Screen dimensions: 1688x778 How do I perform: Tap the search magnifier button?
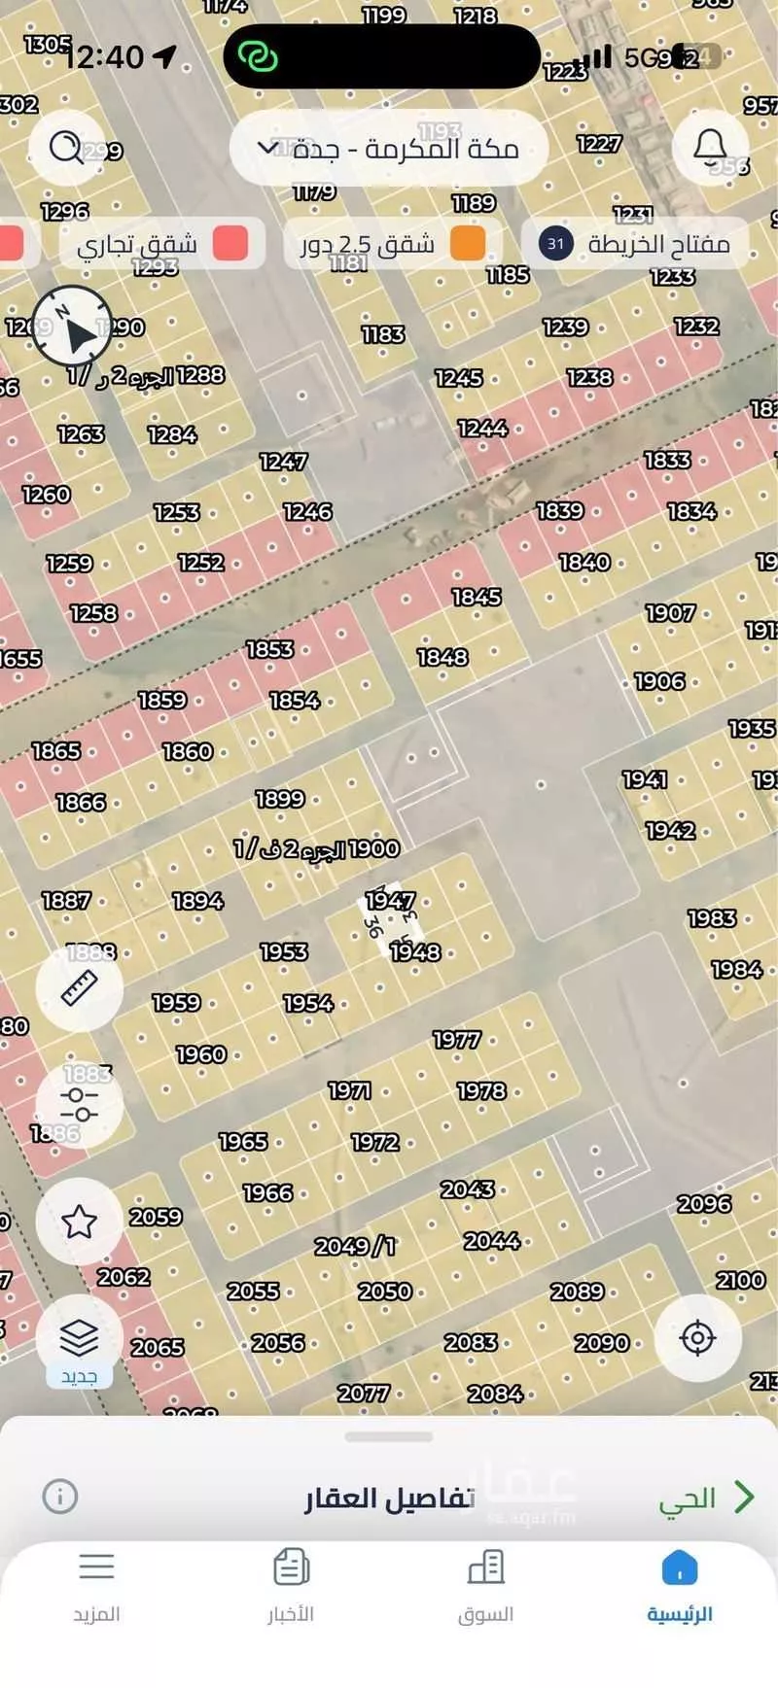click(66, 148)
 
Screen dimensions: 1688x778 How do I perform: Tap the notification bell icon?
click(711, 148)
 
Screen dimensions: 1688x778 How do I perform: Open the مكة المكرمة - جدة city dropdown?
click(389, 149)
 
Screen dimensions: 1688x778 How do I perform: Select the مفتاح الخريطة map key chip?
click(638, 244)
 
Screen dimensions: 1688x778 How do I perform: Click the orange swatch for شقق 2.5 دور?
click(468, 244)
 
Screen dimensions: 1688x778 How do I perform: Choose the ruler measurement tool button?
click(79, 987)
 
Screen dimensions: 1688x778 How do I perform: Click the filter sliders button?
click(79, 1104)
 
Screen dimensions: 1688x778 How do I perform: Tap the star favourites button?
click(79, 1221)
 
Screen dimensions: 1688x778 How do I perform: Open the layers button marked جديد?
click(79, 1339)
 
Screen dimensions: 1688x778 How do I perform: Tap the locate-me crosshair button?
click(697, 1338)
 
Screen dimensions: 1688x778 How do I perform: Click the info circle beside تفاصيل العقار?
click(60, 1496)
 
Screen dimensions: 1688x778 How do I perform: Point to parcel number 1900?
click(374, 848)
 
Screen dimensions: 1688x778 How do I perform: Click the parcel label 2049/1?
click(355, 1246)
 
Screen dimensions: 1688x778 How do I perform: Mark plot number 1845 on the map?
click(477, 597)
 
